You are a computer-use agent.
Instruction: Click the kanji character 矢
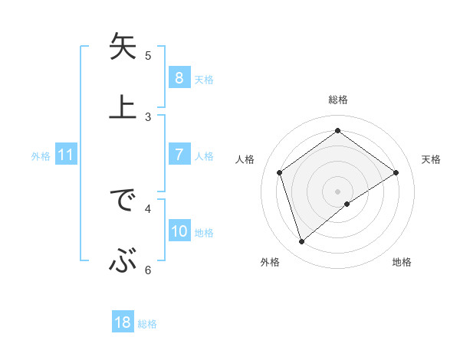point(123,47)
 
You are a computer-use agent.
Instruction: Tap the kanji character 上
point(123,106)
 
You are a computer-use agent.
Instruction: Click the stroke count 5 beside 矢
point(148,55)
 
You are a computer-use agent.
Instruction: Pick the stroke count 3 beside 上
point(148,116)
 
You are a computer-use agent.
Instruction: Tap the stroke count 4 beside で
point(148,208)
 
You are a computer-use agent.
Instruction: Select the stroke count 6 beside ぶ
point(148,269)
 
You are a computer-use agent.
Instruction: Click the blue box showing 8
point(179,78)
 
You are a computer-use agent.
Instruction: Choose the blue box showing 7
point(179,155)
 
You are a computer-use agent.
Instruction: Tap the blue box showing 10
point(179,232)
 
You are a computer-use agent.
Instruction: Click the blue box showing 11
point(65,155)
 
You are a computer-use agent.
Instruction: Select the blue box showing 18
point(123,323)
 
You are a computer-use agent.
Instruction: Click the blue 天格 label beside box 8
point(204,79)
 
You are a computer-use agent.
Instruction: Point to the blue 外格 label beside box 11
point(41,156)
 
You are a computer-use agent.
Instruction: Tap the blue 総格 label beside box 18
point(147,324)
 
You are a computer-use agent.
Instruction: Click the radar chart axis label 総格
point(338,100)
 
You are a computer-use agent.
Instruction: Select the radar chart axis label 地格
point(402,263)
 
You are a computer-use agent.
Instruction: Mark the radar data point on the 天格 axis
point(396,172)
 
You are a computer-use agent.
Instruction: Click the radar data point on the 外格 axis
point(302,242)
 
